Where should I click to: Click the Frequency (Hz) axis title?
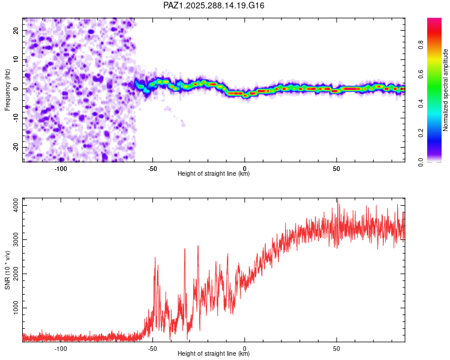pos(7,89)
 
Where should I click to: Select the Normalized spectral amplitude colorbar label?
pos(446,90)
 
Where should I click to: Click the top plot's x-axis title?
pos(214,174)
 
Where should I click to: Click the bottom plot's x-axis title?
pos(214,354)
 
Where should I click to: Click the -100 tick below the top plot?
pos(60,168)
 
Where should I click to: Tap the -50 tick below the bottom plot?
pos(152,348)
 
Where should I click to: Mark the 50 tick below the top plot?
pos(337,168)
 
